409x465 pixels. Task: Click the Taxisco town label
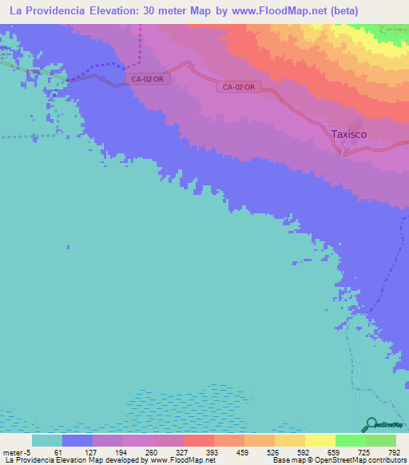click(x=349, y=134)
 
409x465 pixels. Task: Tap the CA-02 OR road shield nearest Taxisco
click(x=239, y=87)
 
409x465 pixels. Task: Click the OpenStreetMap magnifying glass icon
click(x=369, y=424)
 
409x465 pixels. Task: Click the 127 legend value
click(x=92, y=453)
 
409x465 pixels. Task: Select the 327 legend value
click(x=183, y=453)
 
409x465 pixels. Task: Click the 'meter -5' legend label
click(x=18, y=453)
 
